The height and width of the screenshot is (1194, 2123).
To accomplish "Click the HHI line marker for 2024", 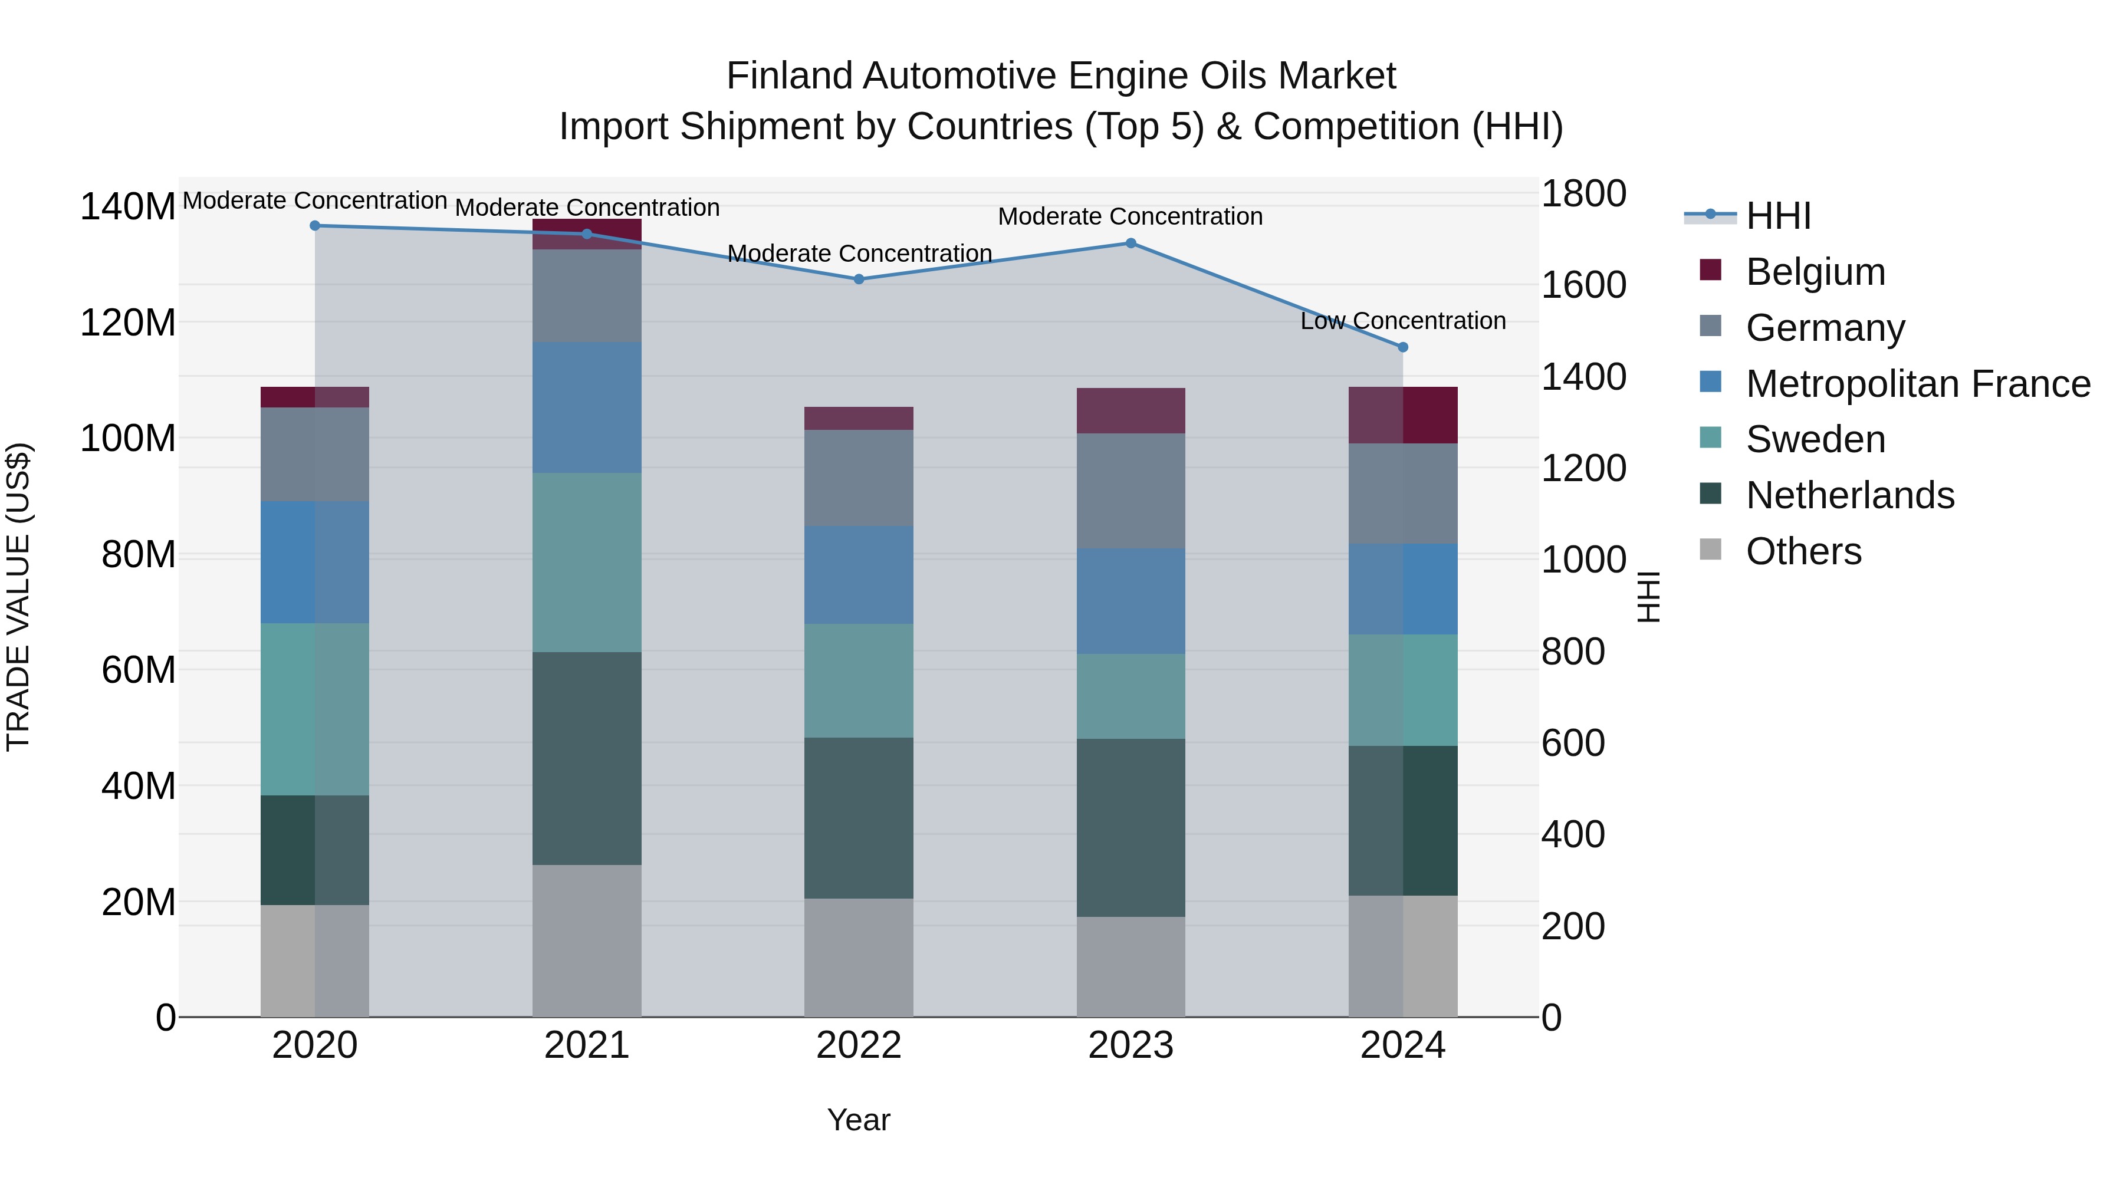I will click(1403, 347).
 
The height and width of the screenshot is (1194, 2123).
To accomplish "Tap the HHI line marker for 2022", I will click(859, 279).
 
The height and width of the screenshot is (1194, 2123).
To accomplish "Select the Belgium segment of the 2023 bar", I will click(1130, 410).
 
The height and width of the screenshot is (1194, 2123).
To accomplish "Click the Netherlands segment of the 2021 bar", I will click(587, 758).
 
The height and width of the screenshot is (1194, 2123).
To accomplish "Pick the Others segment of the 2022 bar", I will click(859, 958).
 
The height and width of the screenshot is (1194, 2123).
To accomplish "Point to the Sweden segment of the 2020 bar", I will click(315, 709).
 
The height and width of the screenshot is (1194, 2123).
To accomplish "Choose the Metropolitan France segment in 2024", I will click(1403, 588).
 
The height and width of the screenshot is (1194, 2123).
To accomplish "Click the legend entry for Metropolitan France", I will click(1917, 383).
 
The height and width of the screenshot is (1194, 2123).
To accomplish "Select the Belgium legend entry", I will click(1815, 272).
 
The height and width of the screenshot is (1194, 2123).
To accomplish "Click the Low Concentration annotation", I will click(1403, 321).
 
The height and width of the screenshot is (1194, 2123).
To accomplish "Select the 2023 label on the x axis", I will click(1130, 1045).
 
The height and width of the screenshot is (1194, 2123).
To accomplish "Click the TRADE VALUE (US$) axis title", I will click(18, 597).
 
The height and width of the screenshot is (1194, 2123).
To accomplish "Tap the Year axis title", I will click(859, 1120).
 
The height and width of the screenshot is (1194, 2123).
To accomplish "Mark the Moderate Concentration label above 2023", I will click(1130, 217).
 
